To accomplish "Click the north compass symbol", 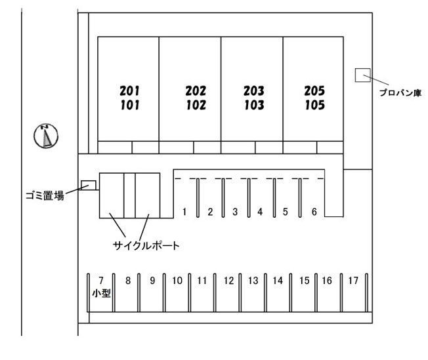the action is (x=46, y=136).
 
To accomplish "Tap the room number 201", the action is (x=130, y=90).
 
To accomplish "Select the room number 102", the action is (x=196, y=106).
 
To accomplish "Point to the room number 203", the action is (x=254, y=90).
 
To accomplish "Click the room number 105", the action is (x=314, y=106).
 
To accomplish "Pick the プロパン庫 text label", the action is (x=400, y=92).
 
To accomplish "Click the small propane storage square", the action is (x=363, y=75).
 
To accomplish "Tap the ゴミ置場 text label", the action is (x=45, y=195).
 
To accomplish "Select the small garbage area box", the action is (x=89, y=185).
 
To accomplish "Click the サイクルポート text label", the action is (x=146, y=246).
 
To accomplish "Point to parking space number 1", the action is (x=184, y=212).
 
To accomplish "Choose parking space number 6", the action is (x=314, y=212).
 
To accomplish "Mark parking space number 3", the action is (x=235, y=212).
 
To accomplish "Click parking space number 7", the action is (x=101, y=281).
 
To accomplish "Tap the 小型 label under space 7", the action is (x=101, y=294).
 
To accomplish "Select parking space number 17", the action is (x=353, y=281).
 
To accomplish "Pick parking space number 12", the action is (x=228, y=281).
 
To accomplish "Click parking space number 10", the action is (x=177, y=281).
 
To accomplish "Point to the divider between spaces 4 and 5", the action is (x=274, y=198).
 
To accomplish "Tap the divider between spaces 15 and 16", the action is (x=316, y=292).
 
